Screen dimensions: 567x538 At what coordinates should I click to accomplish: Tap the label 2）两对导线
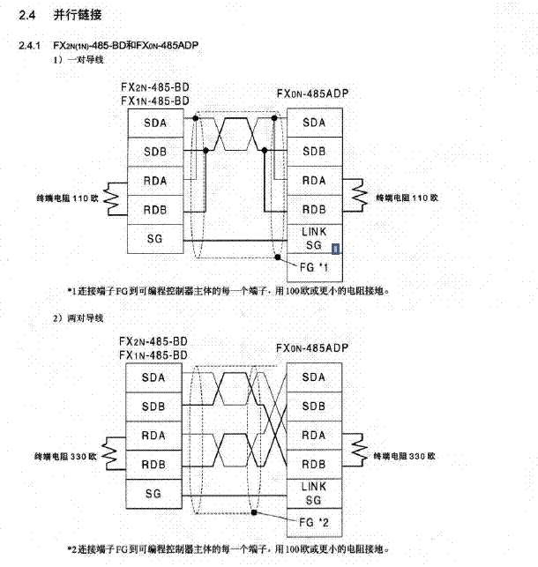(81, 316)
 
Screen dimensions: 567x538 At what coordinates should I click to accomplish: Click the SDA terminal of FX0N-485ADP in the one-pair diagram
(314, 122)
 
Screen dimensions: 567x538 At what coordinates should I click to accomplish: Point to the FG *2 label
(314, 521)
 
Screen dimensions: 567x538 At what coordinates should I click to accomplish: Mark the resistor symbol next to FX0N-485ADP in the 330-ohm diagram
(357, 451)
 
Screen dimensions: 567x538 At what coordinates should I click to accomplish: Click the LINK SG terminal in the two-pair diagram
(314, 493)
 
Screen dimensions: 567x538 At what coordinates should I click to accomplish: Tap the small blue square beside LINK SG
(334, 249)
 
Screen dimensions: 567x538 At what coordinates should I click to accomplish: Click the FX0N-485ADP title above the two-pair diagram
(313, 349)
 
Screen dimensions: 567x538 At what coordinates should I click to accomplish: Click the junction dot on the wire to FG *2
(255, 511)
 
